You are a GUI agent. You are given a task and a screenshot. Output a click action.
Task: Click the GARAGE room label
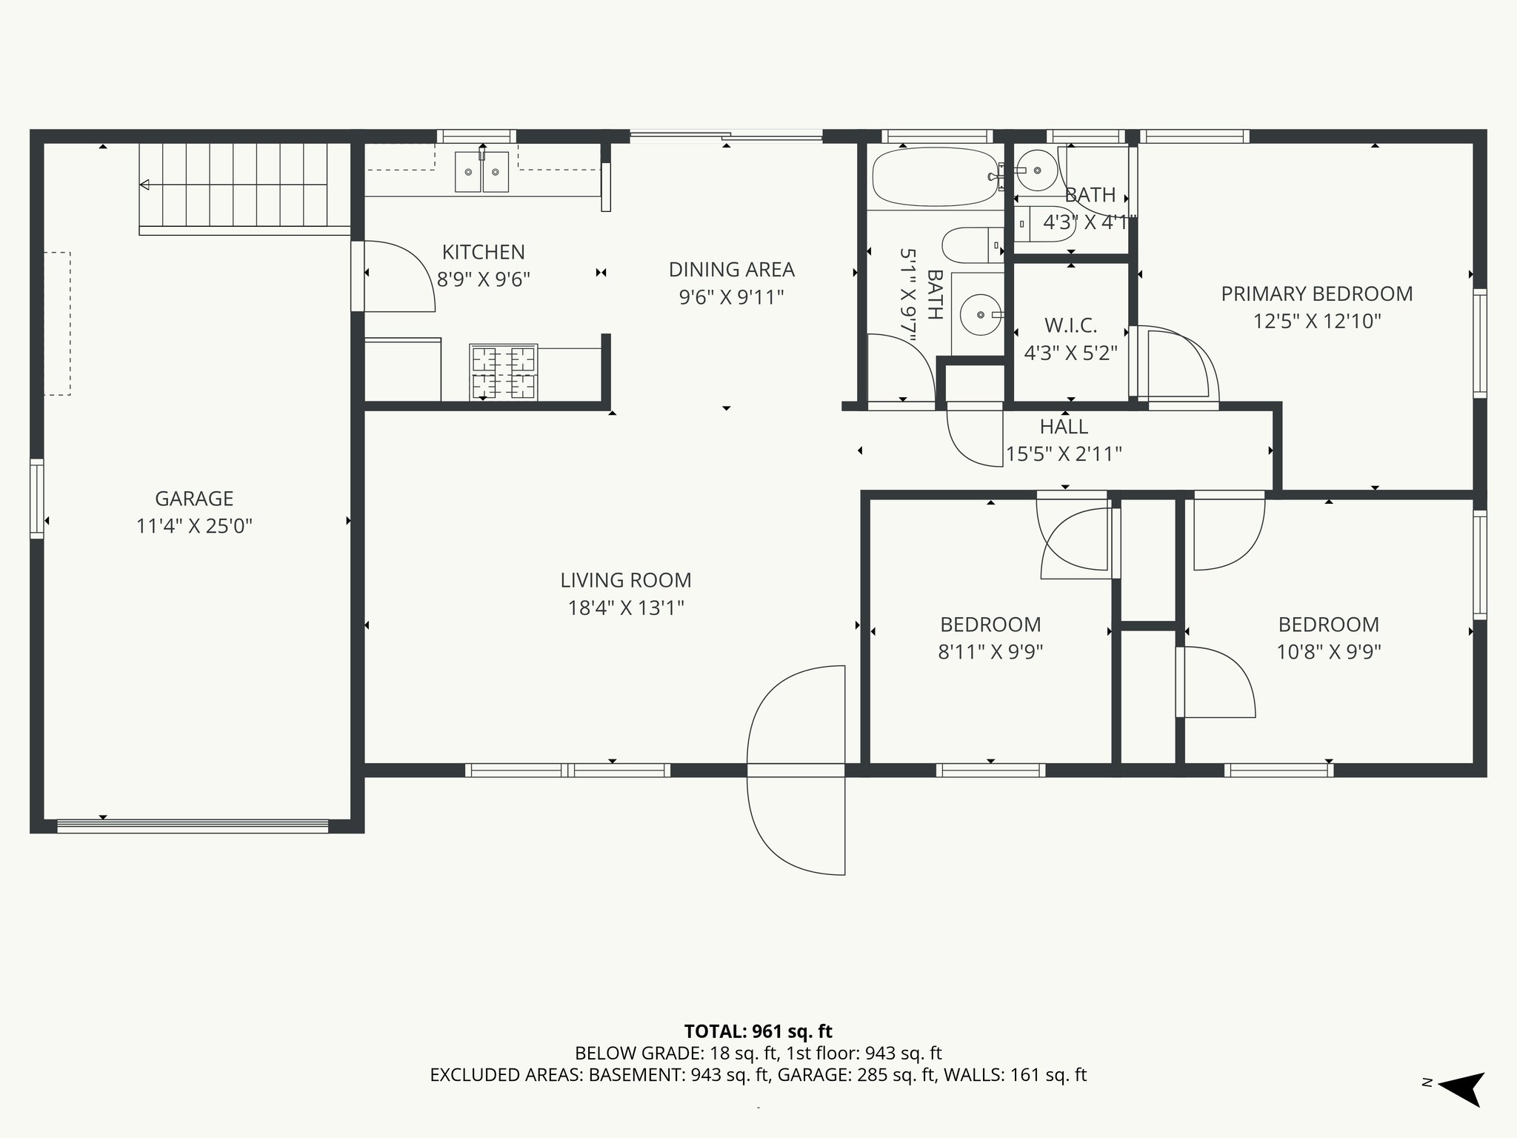tap(194, 499)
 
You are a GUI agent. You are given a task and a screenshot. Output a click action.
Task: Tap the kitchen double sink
tap(481, 172)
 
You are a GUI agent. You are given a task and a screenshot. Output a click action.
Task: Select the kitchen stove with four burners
tap(504, 372)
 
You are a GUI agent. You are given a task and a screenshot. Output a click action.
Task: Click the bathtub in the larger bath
tap(935, 177)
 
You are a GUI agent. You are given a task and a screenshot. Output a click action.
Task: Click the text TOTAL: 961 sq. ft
tap(758, 1031)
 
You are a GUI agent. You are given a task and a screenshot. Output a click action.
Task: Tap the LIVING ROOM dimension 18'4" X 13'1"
tap(626, 608)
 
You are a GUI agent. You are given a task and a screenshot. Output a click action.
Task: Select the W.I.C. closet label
tap(1070, 325)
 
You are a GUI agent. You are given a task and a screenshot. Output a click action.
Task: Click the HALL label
tap(1064, 427)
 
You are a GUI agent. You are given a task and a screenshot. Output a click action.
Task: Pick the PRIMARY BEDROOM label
tap(1316, 294)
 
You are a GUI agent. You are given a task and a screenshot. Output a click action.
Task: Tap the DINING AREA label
tap(731, 270)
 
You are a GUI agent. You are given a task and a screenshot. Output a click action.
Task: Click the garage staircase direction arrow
tap(145, 184)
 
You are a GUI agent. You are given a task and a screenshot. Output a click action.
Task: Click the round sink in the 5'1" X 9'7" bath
tap(981, 315)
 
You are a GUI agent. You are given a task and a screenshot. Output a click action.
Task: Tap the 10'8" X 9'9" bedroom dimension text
tap(1328, 652)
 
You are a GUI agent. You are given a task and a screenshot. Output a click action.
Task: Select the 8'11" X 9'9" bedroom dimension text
tap(990, 652)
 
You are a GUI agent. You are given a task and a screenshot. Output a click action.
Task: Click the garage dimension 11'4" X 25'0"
tap(194, 526)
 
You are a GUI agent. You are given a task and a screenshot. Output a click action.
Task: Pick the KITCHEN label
tap(483, 252)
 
